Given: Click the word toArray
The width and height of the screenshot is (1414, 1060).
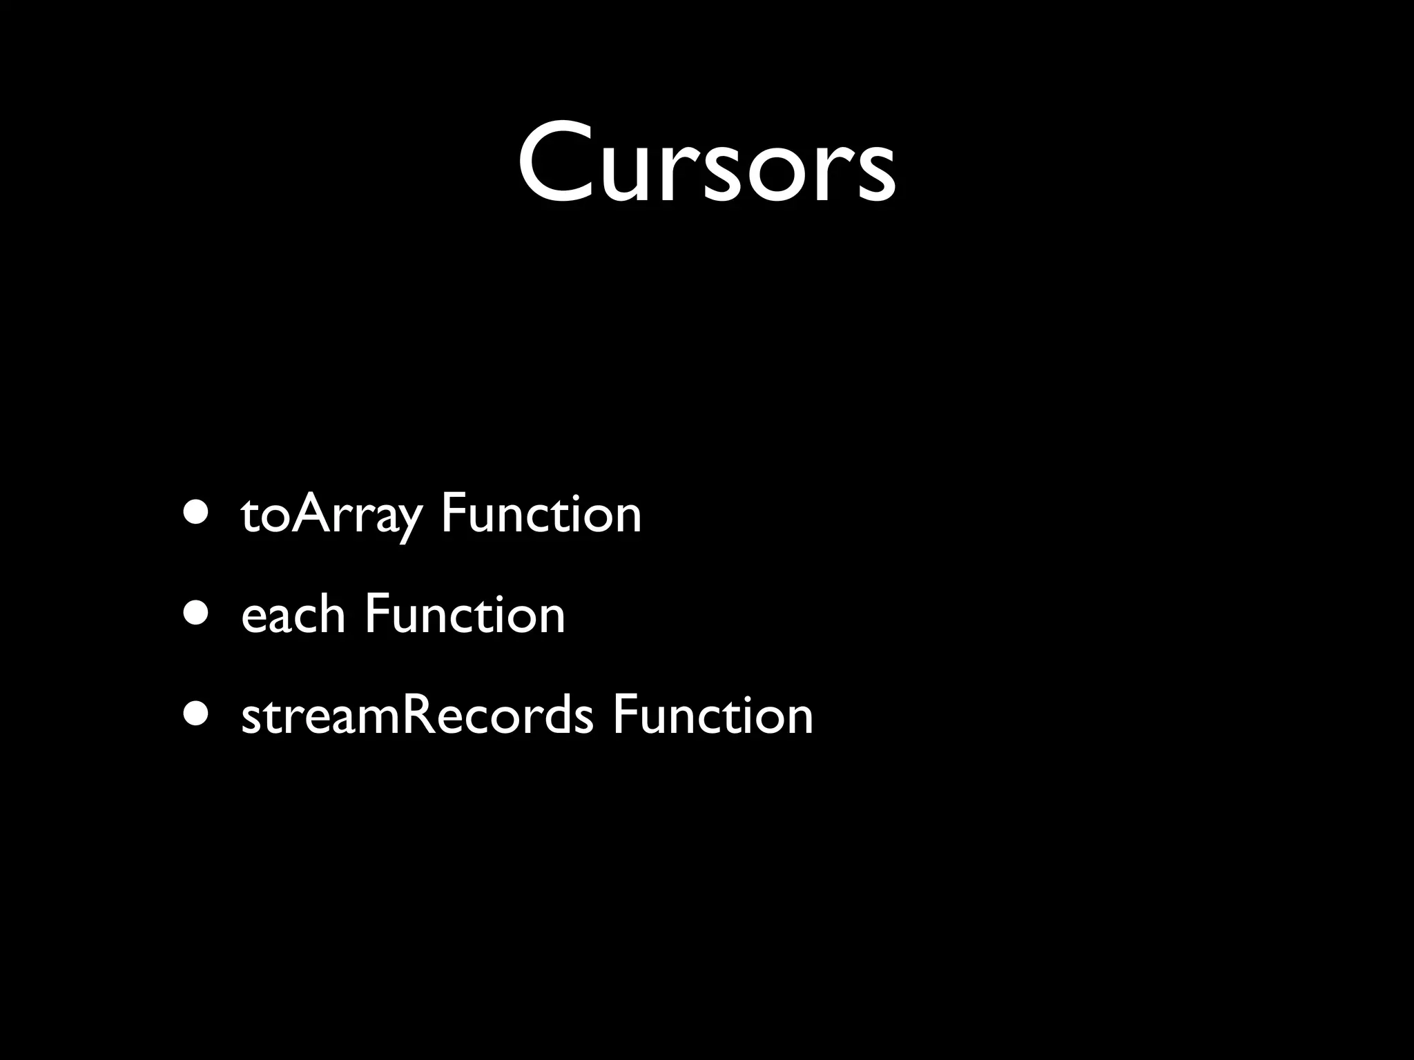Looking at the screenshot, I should coord(331,514).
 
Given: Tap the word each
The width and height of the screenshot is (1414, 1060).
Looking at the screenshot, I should coord(293,614).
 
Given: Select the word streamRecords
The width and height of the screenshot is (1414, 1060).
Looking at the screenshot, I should coord(417,715).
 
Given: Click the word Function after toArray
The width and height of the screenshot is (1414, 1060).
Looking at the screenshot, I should coord(541,514).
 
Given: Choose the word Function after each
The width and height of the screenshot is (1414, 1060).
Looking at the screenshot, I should coord(465,614).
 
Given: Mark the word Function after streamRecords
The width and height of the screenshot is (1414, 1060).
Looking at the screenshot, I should coord(713,715).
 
